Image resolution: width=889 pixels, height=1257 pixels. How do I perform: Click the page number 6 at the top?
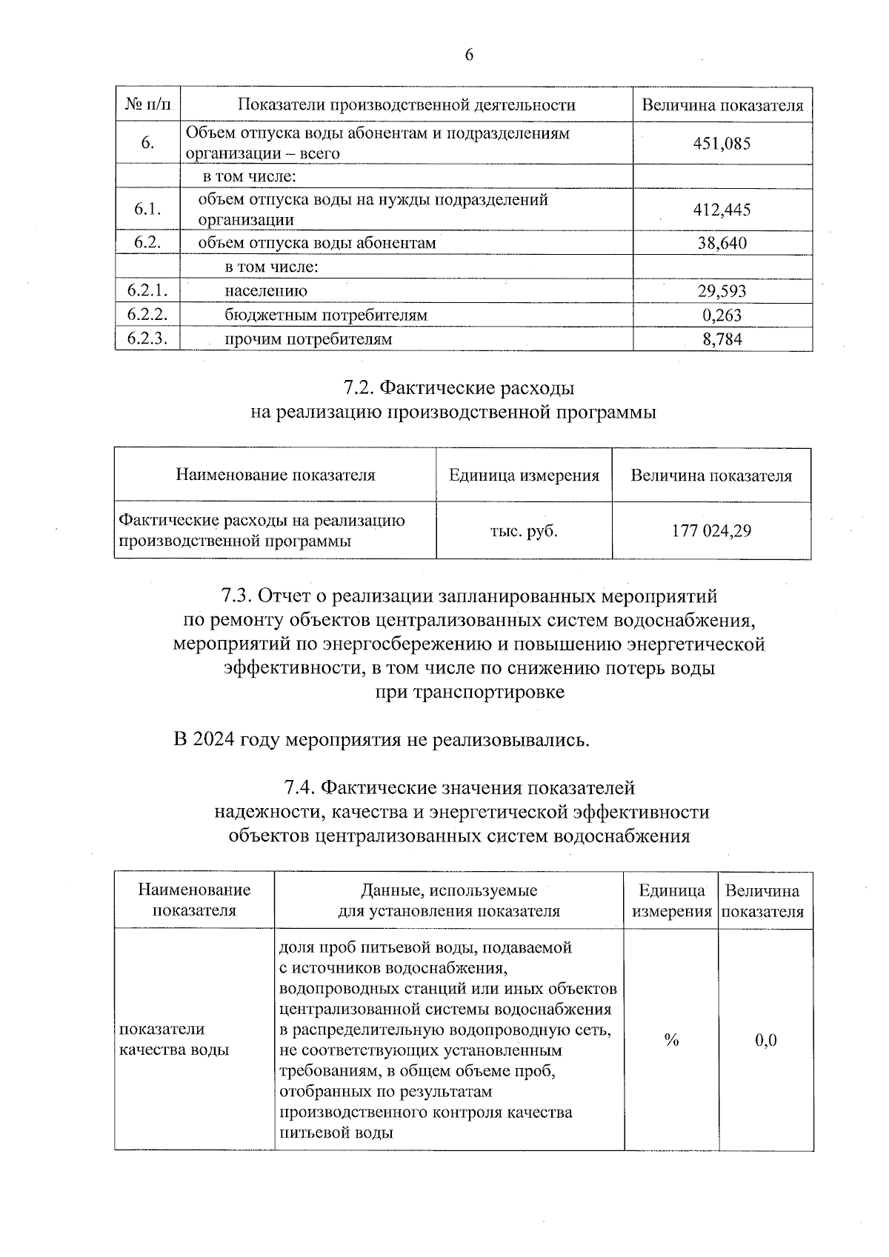(468, 56)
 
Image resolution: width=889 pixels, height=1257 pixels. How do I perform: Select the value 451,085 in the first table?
(722, 144)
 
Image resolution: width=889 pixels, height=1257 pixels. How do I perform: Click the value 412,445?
(722, 210)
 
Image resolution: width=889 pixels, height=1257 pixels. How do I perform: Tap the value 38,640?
(722, 243)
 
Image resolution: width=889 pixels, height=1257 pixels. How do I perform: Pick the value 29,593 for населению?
(722, 291)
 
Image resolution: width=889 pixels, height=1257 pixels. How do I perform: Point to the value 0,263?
(722, 316)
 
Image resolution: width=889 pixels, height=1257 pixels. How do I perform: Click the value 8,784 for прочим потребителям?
(722, 339)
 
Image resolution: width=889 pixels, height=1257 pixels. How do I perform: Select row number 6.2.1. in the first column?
(147, 291)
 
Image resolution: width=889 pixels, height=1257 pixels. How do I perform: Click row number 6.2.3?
(147, 339)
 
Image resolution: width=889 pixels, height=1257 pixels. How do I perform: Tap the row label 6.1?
(147, 210)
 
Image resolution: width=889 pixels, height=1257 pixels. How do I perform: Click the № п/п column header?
(147, 105)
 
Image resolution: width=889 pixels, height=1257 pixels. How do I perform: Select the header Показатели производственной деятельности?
(406, 105)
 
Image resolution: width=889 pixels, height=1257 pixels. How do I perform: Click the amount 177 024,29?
(711, 531)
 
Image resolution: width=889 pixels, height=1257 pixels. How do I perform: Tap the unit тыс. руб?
(524, 531)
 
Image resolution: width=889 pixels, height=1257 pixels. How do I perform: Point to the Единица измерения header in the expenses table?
(524, 476)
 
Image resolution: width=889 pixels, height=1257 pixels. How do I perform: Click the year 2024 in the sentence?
(214, 740)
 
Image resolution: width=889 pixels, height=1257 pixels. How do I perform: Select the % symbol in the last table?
(671, 1041)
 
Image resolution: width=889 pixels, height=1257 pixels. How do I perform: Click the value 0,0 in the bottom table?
(765, 1041)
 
